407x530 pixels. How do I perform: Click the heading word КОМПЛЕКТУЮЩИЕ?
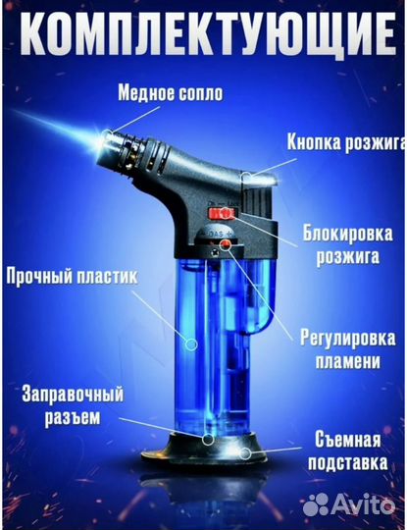203,37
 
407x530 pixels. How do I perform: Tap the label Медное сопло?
169,94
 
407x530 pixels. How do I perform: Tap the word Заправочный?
70,396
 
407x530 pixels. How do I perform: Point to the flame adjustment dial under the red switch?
225,238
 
